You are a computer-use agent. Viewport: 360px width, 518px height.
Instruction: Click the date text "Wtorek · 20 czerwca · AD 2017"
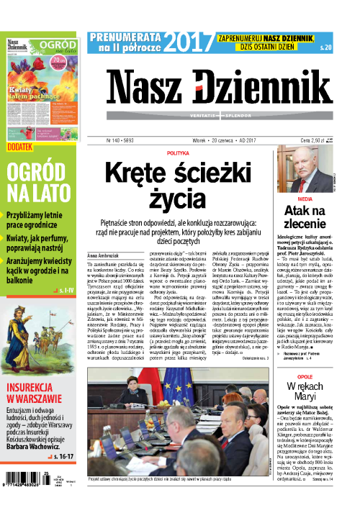pos(226,141)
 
